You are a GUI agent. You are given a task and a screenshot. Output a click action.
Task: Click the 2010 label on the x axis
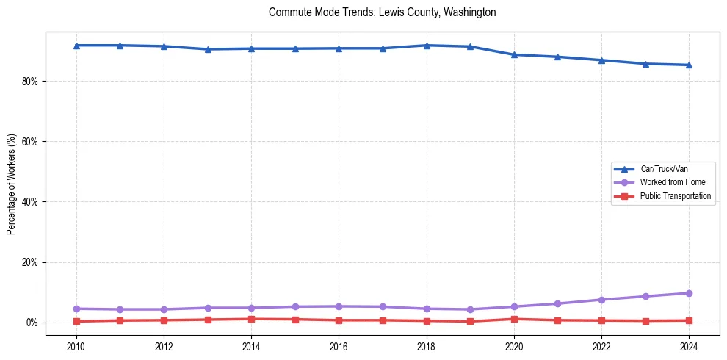(x=76, y=345)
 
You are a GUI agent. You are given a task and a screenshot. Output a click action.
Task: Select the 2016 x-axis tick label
(x=339, y=345)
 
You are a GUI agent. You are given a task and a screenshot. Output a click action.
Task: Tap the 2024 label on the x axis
(x=689, y=345)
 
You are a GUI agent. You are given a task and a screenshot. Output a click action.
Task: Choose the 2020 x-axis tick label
(x=514, y=345)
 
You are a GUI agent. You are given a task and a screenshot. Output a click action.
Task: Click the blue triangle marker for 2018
(x=427, y=46)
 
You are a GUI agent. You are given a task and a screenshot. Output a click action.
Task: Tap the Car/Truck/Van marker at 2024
(x=689, y=65)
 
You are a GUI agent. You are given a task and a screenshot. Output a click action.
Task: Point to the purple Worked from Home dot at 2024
(x=689, y=293)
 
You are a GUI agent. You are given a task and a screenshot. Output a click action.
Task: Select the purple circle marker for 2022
(x=601, y=300)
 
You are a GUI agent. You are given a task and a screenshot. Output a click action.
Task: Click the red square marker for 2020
(x=514, y=319)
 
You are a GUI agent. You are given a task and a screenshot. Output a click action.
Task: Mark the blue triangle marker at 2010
(x=76, y=46)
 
